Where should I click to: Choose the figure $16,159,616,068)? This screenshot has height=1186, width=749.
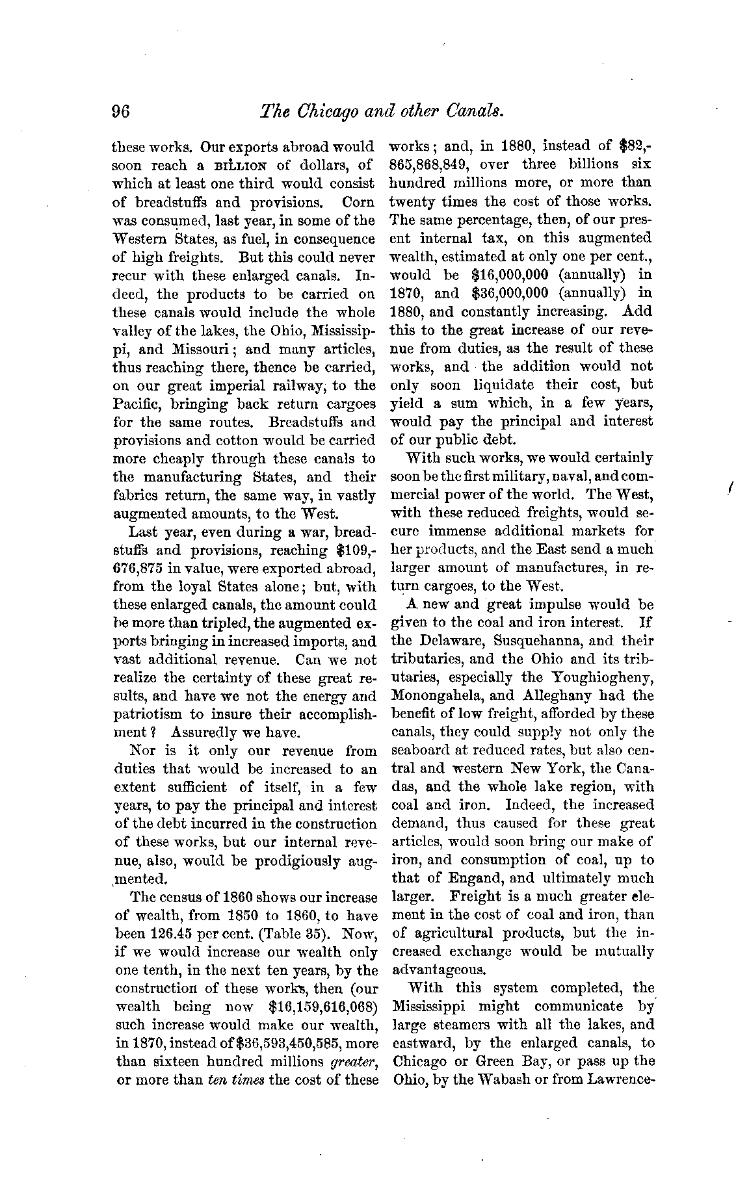click(324, 1007)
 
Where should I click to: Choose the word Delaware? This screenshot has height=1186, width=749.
click(445, 641)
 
